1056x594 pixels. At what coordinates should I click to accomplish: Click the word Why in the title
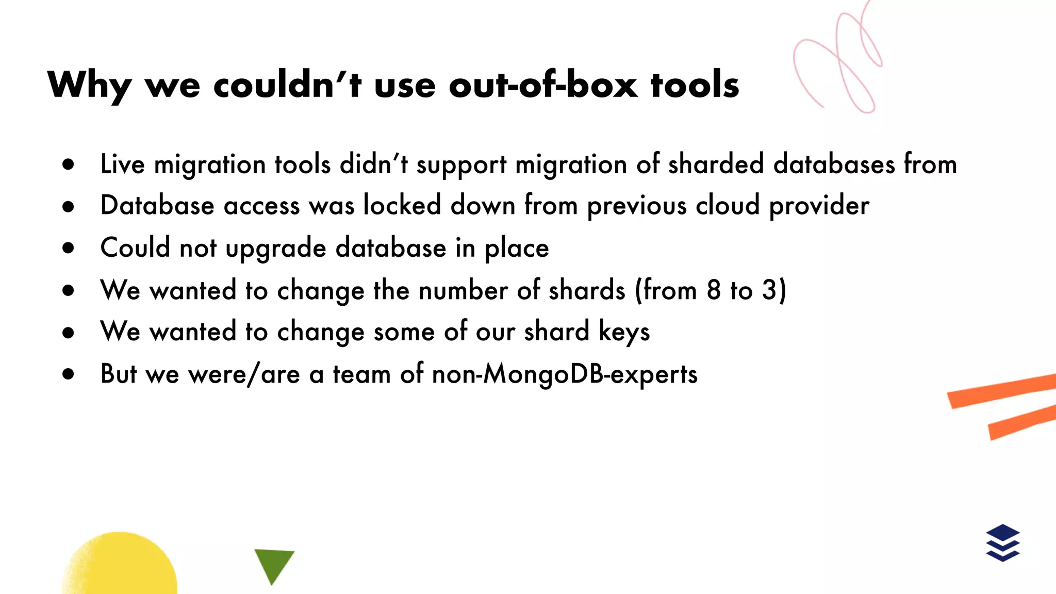[x=89, y=86]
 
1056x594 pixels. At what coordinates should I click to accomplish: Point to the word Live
[x=123, y=164]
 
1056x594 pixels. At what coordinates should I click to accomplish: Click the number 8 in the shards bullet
[x=714, y=290]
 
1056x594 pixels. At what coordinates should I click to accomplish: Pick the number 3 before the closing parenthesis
[x=769, y=290]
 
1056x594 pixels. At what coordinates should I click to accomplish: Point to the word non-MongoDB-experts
[x=565, y=374]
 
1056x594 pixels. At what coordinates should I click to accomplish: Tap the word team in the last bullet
[x=361, y=374]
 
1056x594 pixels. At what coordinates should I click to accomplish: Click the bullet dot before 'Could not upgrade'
[x=68, y=248]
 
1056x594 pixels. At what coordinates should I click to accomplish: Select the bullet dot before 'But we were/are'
[x=68, y=374]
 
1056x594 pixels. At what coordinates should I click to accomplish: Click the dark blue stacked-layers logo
[x=1002, y=542]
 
